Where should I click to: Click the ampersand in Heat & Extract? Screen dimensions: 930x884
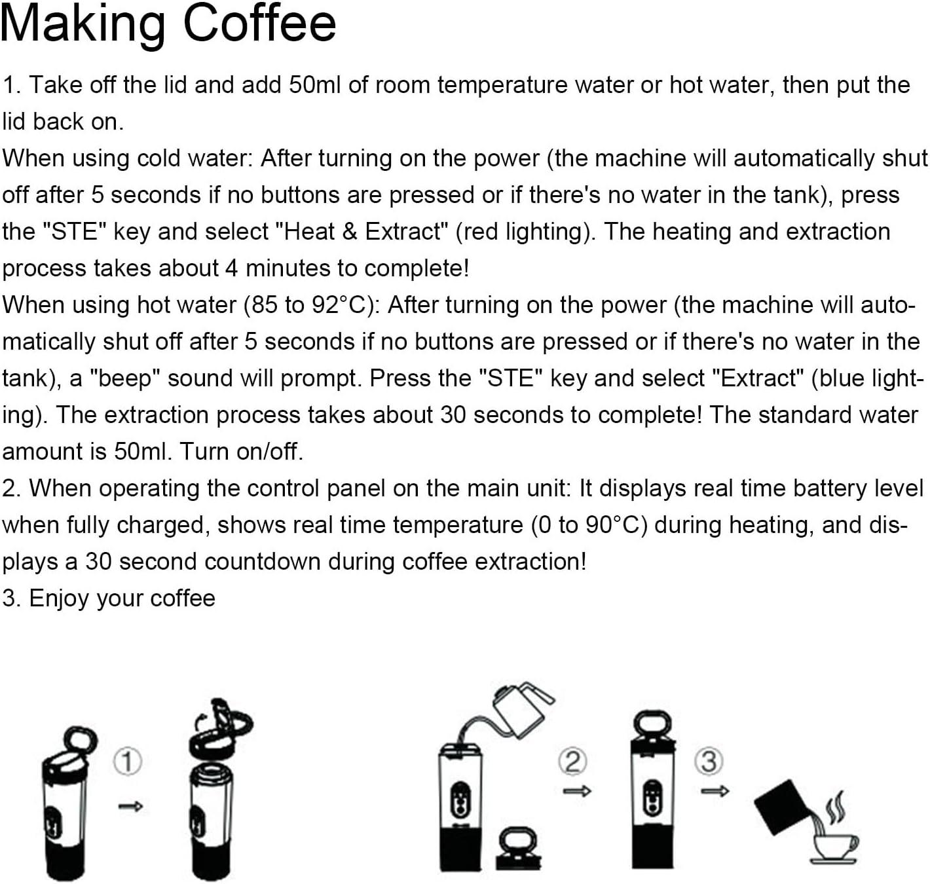349,232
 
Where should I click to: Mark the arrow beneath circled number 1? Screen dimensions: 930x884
130,806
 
